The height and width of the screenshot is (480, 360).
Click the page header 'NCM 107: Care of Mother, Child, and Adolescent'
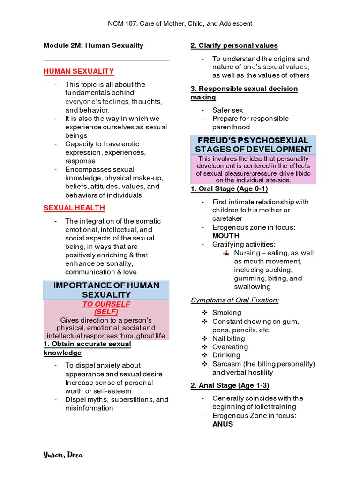pos(180,23)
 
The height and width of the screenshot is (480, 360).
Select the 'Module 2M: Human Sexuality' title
pos(93,45)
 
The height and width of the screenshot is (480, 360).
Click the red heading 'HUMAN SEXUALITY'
pos(79,71)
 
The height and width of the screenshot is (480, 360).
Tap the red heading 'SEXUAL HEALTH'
pos(74,208)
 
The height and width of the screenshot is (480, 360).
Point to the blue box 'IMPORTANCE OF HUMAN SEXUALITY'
pos(106,290)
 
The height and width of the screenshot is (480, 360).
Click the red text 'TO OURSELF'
pos(106,304)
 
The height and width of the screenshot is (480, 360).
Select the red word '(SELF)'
pos(106,312)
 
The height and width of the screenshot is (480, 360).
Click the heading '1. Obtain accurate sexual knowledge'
pos(87,348)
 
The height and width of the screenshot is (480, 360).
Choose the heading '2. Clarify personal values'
pos(234,45)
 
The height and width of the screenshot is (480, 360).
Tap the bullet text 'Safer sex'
pos(227,110)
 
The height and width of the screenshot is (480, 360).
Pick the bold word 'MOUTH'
pos(226,236)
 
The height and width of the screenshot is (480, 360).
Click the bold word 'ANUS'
pos(223,424)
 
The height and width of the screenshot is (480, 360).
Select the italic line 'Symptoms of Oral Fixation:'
pos(234,300)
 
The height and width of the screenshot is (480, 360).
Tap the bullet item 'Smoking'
pos(227,313)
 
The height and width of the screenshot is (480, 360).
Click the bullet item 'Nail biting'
pos(228,338)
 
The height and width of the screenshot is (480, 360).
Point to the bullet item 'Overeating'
pos(230,347)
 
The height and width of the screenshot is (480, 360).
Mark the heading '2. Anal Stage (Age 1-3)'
pos(230,385)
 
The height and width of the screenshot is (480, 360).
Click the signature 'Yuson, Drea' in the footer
pos(63,455)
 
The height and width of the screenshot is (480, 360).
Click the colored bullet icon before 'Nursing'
pos(226,253)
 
